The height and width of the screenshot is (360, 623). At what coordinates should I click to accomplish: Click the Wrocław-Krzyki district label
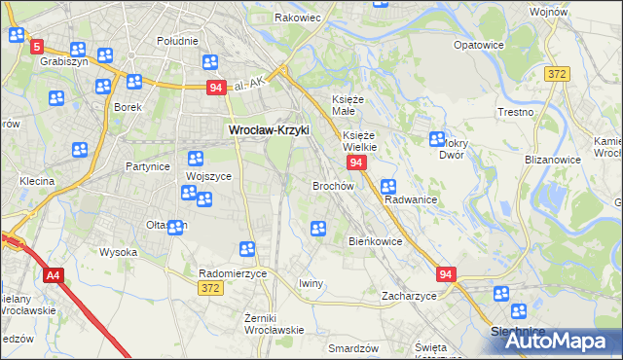point(268,129)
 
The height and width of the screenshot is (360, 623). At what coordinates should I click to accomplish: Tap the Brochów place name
point(332,185)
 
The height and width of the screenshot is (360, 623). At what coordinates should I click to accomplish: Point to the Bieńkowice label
point(375,241)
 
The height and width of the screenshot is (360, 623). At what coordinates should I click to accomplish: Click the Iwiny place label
point(311,283)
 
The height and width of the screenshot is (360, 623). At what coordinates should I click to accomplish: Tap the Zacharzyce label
point(409,296)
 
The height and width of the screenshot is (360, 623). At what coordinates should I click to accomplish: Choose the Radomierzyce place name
point(233,274)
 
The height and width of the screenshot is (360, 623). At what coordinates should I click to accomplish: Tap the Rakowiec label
point(297,18)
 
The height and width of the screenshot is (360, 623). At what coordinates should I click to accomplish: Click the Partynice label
point(148,166)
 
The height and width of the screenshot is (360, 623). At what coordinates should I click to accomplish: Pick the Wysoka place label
point(118,252)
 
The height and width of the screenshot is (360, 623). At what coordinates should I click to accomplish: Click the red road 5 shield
point(37,47)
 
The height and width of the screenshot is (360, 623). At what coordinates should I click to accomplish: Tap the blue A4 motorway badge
point(53,276)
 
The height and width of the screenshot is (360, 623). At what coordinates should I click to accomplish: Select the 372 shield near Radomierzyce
point(209,288)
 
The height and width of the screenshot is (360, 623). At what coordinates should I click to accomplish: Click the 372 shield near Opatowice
point(557,73)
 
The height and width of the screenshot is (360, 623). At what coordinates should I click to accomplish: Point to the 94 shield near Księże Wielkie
point(357,162)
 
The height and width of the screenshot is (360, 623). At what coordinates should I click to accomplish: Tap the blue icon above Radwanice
point(388,186)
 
